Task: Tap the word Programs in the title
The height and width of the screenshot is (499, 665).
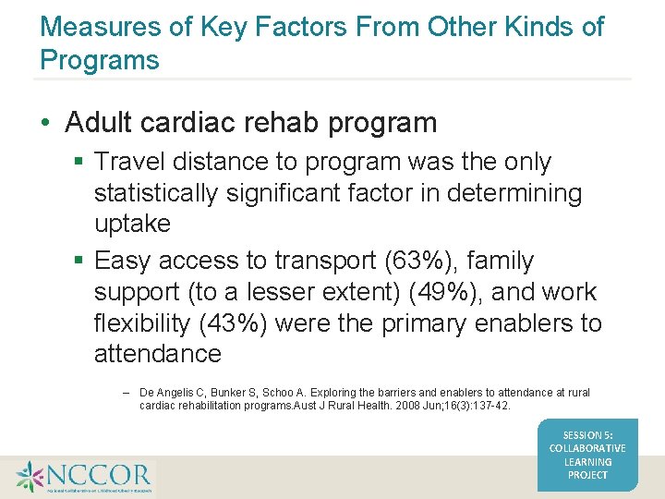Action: pos(100,61)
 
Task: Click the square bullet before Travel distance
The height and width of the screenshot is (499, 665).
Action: pos(80,163)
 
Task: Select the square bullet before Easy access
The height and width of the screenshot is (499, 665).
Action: pos(80,262)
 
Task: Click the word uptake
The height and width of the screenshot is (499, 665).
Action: pos(132,224)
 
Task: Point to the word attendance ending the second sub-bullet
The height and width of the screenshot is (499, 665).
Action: pos(157,354)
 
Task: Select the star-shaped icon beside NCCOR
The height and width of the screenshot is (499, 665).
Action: pos(30,477)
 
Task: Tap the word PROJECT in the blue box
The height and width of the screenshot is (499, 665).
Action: pos(587,475)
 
